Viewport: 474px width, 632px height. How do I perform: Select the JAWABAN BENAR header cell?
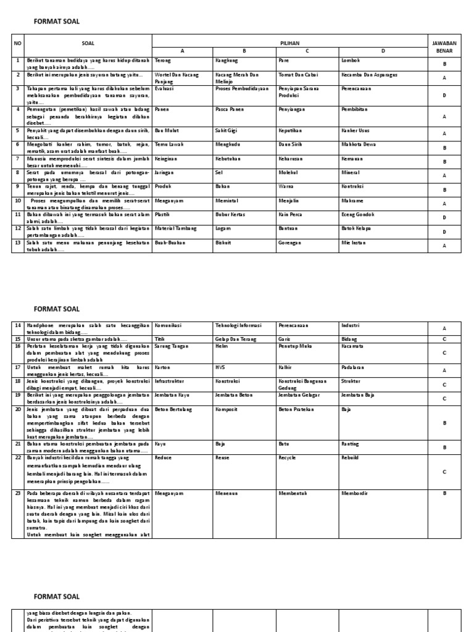click(444, 46)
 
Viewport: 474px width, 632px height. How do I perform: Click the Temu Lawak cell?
click(168, 144)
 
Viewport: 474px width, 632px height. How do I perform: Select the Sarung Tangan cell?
click(171, 347)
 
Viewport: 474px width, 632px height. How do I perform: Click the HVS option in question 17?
click(220, 368)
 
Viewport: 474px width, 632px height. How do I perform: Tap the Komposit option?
click(227, 409)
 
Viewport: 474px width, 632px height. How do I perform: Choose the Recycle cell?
click(288, 458)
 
